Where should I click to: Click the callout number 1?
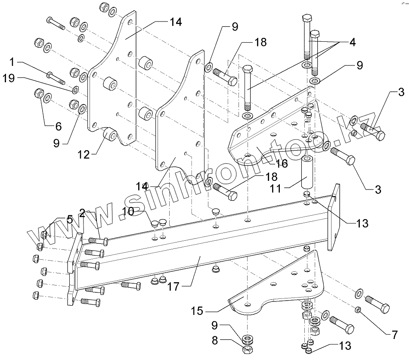click(x=12, y=62)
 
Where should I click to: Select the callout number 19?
click(x=9, y=78)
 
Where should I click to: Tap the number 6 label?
click(x=59, y=127)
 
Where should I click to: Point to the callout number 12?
click(x=84, y=155)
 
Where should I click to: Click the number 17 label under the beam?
click(x=174, y=287)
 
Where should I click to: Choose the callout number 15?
click(x=197, y=311)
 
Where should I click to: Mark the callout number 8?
click(x=214, y=341)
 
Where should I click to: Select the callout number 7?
click(x=394, y=335)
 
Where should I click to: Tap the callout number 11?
click(x=276, y=188)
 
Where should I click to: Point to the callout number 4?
click(x=353, y=42)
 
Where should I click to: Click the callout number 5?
click(x=69, y=220)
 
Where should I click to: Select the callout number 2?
click(x=82, y=214)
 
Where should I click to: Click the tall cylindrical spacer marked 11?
click(x=308, y=172)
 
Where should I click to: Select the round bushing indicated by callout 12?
click(x=110, y=134)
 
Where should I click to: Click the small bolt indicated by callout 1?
click(x=56, y=78)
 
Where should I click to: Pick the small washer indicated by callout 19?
click(x=75, y=90)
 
